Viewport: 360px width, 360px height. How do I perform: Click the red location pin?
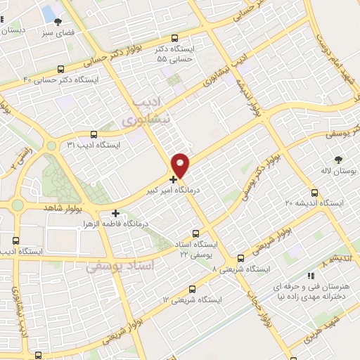[181, 165]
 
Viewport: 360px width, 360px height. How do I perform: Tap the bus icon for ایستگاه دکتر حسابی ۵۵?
[175, 39]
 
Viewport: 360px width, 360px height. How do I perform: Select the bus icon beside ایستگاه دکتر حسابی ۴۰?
[61, 69]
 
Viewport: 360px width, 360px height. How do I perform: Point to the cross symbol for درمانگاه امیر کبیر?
[174, 179]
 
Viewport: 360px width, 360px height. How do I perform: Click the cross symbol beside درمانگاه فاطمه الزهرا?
[115, 212]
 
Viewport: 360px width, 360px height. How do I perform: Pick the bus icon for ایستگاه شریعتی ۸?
[241, 258]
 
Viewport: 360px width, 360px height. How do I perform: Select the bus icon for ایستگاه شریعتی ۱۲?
[192, 288]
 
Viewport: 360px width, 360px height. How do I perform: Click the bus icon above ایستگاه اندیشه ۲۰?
[314, 192]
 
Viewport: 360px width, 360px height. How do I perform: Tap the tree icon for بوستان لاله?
[339, 160]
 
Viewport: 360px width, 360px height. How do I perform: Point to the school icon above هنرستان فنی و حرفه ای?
[309, 276]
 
